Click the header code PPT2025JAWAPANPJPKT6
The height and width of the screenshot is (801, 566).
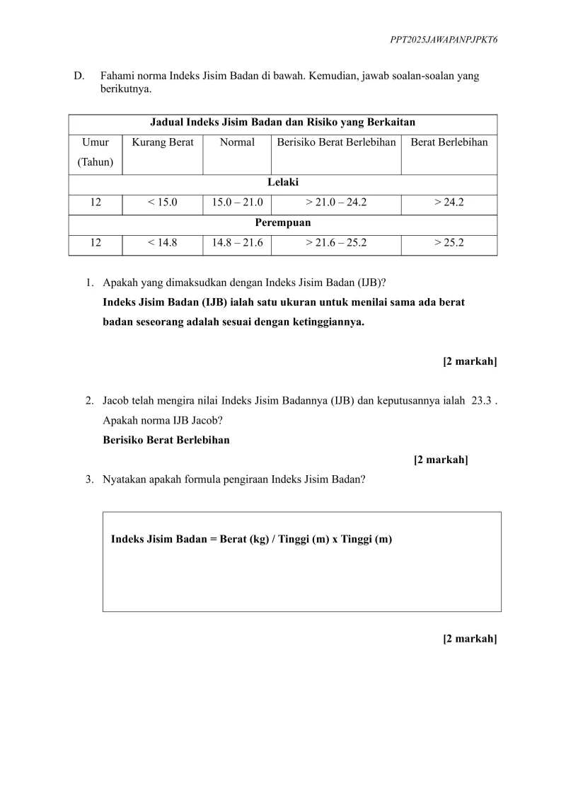(x=444, y=41)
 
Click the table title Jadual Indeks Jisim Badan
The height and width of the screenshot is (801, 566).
(x=282, y=123)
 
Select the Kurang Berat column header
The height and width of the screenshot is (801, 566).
(x=163, y=142)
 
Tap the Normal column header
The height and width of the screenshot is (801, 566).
(x=237, y=142)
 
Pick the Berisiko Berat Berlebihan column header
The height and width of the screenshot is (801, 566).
(x=336, y=142)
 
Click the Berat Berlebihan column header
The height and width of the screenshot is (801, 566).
(x=449, y=142)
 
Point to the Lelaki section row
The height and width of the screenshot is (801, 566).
(x=282, y=183)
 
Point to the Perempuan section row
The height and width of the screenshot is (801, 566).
(x=282, y=222)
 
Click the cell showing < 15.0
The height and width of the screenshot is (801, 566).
(x=163, y=203)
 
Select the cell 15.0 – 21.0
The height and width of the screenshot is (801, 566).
(x=237, y=203)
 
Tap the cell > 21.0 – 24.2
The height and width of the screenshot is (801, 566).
(x=336, y=203)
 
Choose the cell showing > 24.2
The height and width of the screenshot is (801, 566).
(x=449, y=203)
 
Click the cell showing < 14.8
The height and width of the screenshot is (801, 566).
(x=163, y=243)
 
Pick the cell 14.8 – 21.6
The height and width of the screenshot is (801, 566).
(x=237, y=243)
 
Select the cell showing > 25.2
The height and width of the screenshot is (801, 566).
(x=449, y=243)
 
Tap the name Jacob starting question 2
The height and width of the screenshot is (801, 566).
(x=116, y=400)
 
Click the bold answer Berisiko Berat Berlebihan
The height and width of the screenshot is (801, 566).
(x=166, y=440)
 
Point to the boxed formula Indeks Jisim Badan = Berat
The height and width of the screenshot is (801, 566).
(x=251, y=539)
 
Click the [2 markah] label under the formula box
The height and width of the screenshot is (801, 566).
(x=470, y=639)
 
